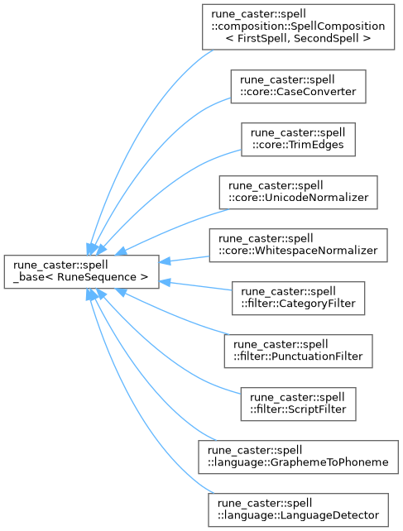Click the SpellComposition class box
click(x=298, y=27)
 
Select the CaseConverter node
click(x=298, y=86)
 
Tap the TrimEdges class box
click(x=298, y=139)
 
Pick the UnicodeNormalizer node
click(x=298, y=192)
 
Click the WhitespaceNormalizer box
click(x=298, y=245)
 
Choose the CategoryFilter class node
click(x=298, y=298)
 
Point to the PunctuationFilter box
click(x=298, y=352)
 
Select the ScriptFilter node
click(x=298, y=404)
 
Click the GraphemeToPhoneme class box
click(x=298, y=457)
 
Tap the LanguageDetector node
click(x=298, y=509)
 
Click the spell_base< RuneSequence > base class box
click(x=81, y=272)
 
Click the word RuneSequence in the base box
click(x=97, y=277)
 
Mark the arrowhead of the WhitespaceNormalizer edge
click(x=165, y=261)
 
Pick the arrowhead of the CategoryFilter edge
click(x=165, y=282)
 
